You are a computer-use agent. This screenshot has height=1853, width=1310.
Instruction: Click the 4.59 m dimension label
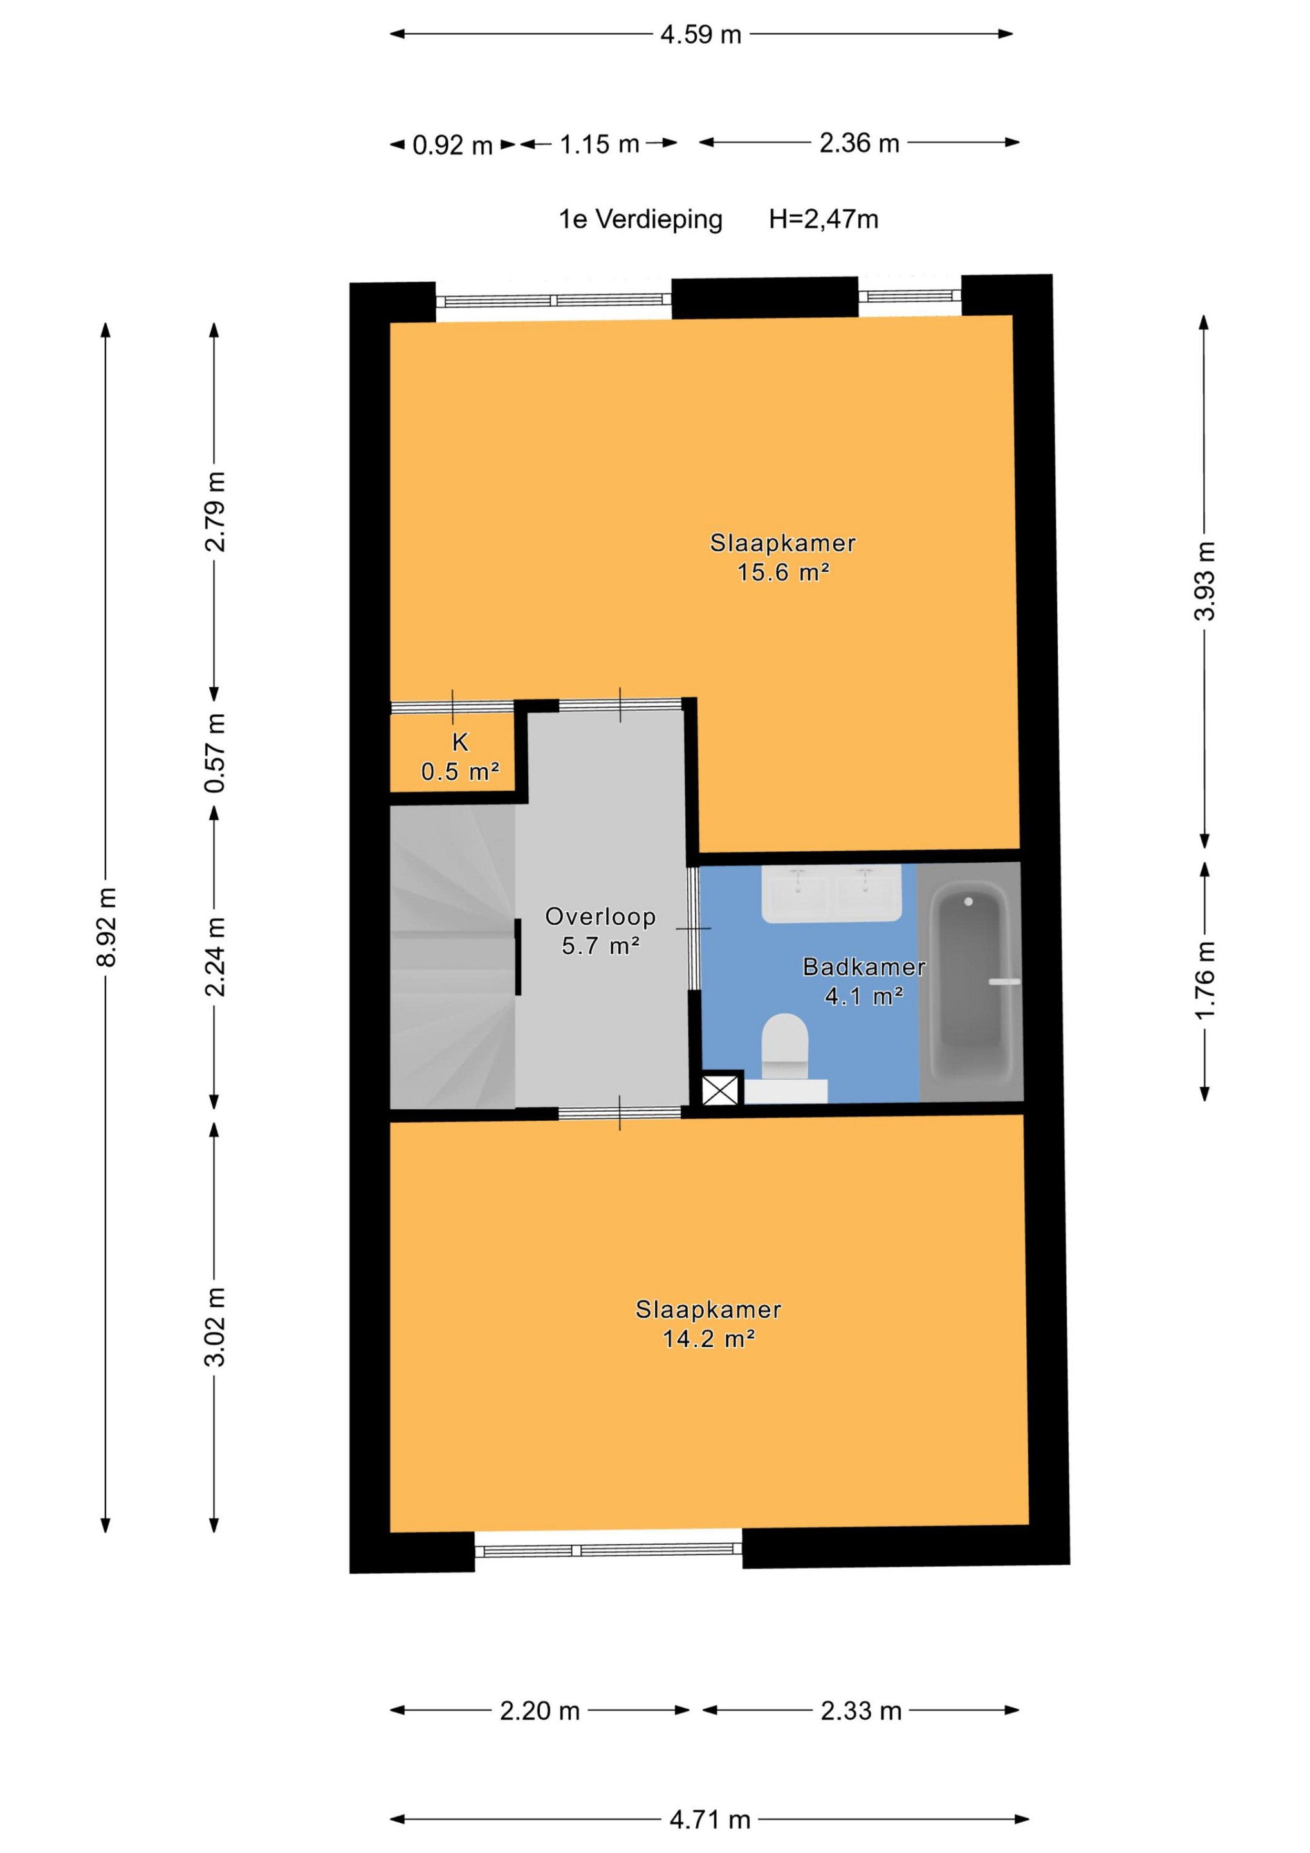(701, 35)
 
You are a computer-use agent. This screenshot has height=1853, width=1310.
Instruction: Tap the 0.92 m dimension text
(452, 145)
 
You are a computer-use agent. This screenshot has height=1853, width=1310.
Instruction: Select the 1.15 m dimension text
(599, 145)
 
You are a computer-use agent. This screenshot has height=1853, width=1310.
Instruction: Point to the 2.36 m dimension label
(859, 143)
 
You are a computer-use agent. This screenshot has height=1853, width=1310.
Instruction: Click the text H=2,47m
(824, 219)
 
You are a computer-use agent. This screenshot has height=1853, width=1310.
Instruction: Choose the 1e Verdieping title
(640, 219)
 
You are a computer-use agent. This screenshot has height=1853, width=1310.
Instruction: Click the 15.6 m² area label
(783, 572)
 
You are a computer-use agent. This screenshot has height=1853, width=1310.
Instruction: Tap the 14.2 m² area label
(708, 1339)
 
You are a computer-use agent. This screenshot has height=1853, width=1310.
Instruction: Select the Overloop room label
(600, 916)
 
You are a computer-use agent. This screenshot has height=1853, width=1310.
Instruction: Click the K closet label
(460, 742)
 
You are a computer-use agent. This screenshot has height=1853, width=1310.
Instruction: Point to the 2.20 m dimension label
(539, 1711)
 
